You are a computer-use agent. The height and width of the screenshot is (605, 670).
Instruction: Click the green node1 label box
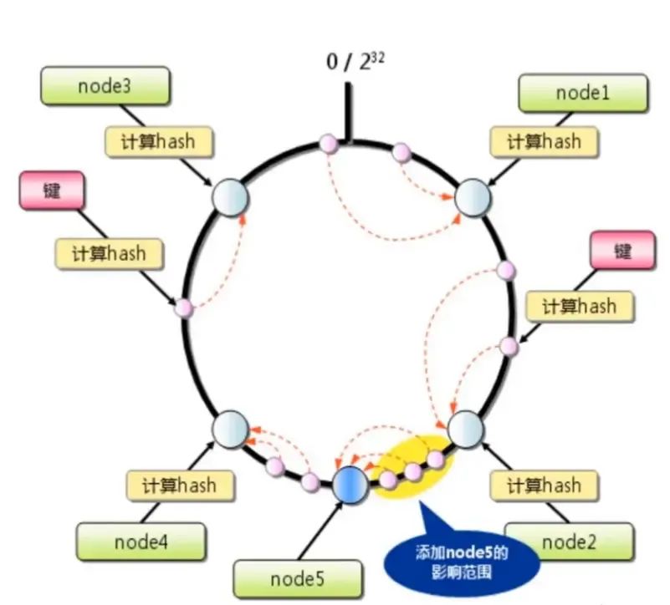(x=583, y=94)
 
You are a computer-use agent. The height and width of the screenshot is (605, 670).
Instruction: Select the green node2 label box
(x=568, y=543)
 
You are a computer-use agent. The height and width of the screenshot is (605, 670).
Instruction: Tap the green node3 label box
(x=105, y=86)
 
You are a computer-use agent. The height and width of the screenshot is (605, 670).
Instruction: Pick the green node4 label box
(x=141, y=542)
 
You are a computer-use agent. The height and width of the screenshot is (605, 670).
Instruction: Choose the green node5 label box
(x=299, y=579)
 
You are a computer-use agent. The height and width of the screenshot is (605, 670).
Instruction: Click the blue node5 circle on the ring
(x=349, y=484)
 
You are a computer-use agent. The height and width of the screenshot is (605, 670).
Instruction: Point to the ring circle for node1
(x=472, y=198)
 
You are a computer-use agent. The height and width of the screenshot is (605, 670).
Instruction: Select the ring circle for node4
(x=229, y=429)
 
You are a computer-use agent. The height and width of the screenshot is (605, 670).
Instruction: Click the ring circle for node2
(x=466, y=429)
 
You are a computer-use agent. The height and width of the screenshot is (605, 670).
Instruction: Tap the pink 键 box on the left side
(x=52, y=191)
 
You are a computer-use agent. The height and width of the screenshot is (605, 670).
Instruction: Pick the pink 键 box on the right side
(x=622, y=252)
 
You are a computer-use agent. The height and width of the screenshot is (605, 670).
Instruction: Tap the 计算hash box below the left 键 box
(x=109, y=252)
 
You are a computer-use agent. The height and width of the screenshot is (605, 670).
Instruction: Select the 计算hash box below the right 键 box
(x=580, y=306)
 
